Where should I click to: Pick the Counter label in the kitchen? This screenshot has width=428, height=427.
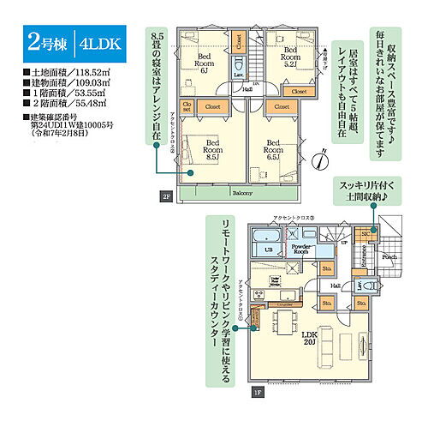point(288,304)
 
